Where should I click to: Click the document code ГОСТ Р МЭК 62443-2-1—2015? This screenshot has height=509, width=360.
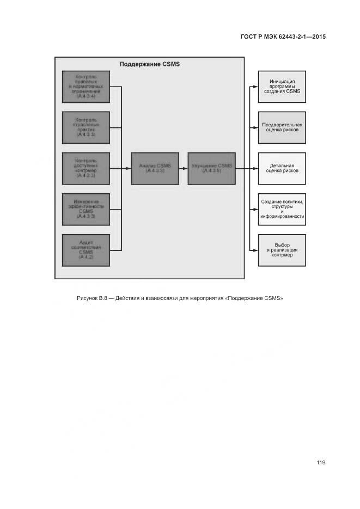[x=283, y=37]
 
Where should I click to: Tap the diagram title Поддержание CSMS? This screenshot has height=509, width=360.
[x=149, y=64]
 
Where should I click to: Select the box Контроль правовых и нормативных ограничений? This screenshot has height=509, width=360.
[x=86, y=87]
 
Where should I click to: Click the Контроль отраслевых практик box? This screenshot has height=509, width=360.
[x=86, y=127]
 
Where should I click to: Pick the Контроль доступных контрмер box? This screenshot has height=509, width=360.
[x=86, y=168]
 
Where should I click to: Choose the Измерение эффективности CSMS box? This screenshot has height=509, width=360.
[x=86, y=209]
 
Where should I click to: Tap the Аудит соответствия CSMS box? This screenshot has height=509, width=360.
[x=86, y=250]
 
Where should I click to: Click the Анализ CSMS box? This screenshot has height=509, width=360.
[x=155, y=168]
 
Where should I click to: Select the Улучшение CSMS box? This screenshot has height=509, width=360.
[x=212, y=168]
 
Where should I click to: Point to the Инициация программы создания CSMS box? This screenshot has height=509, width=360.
[x=282, y=87]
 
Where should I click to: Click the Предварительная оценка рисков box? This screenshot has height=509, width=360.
[x=282, y=127]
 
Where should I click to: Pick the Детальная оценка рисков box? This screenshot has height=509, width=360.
[x=282, y=168]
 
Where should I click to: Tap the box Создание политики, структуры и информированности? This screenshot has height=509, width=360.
[x=282, y=209]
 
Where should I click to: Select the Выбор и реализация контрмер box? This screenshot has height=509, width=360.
[x=282, y=250]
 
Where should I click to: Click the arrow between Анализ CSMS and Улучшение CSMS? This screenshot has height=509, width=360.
[x=183, y=168]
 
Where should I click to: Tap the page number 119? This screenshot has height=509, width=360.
[x=321, y=463]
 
